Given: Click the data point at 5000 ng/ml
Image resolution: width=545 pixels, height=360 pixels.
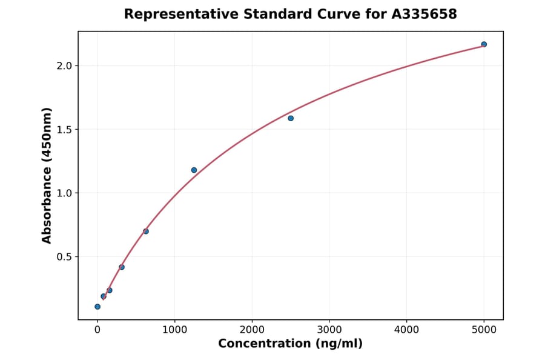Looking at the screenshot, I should (x=484, y=44).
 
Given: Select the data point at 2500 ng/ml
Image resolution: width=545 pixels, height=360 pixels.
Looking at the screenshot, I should (x=291, y=118).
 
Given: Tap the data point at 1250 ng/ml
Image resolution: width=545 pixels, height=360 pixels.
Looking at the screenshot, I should (x=194, y=170).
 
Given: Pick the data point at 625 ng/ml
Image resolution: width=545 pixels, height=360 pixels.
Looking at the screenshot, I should (x=146, y=232).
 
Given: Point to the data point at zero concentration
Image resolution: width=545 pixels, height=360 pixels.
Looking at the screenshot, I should (x=97, y=307).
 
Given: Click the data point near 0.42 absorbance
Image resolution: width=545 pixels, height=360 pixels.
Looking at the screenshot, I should (x=122, y=267).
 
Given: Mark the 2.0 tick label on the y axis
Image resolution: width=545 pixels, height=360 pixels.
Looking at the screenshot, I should (x=64, y=65).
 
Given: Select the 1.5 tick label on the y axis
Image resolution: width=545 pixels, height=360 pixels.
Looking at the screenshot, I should (x=64, y=130).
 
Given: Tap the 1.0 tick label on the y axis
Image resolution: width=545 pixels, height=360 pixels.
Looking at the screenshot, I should (x=64, y=193).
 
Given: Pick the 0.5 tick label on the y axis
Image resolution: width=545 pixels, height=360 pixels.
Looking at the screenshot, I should (x=64, y=257).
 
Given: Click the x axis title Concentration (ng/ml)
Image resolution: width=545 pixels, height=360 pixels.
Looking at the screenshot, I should (x=290, y=344).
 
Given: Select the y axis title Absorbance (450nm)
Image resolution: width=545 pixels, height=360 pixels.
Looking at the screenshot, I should (x=47, y=175).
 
